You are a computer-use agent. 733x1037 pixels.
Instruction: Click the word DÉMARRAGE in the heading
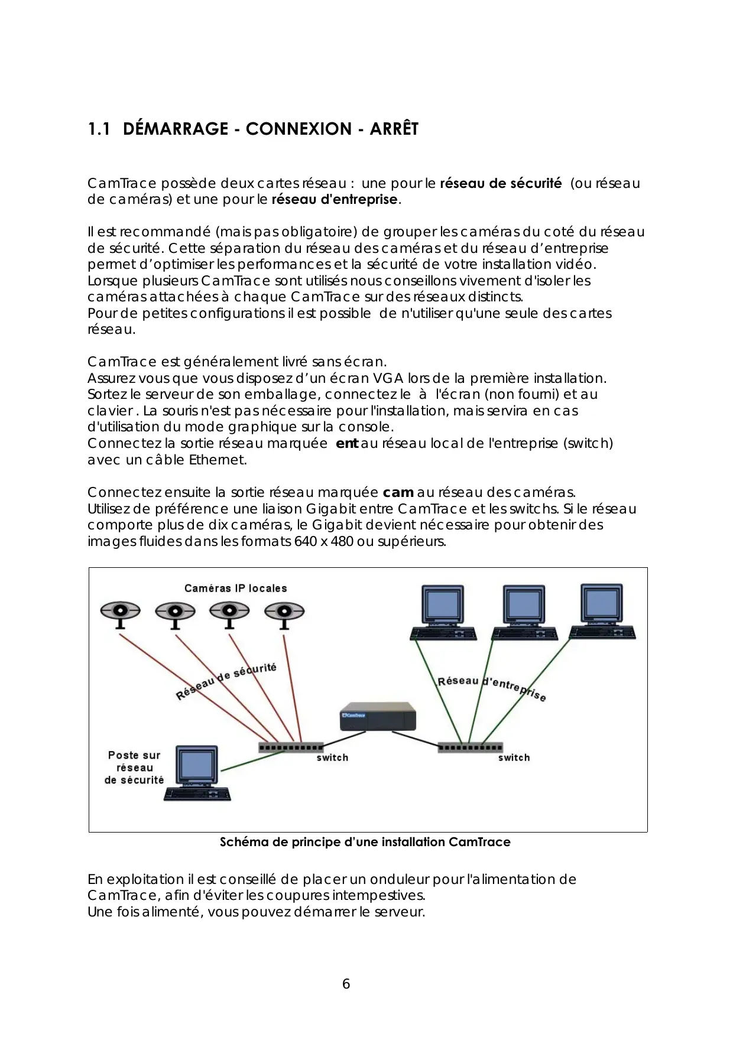tap(176, 129)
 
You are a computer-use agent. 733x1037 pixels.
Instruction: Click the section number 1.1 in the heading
tap(99, 129)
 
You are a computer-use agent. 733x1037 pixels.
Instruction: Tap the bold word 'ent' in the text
tap(346, 443)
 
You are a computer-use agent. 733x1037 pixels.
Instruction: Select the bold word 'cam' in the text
tap(398, 492)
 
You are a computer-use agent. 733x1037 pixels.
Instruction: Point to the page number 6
tap(346, 984)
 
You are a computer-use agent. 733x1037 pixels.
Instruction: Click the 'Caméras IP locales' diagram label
tap(235, 589)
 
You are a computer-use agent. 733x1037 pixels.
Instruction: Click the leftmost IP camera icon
tap(121, 613)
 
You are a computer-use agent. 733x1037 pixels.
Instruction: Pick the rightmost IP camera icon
tap(284, 613)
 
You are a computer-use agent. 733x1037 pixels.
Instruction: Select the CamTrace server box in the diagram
tap(378, 716)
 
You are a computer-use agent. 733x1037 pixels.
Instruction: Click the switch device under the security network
tap(291, 747)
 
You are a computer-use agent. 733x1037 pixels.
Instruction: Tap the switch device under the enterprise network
tap(470, 747)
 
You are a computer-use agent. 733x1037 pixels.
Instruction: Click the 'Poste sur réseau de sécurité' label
tap(134, 768)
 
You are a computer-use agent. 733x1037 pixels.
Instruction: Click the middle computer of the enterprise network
tap(525, 613)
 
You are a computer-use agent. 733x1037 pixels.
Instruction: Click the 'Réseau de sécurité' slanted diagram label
tap(226, 681)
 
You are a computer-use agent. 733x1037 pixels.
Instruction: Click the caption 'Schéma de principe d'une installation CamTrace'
tap(365, 842)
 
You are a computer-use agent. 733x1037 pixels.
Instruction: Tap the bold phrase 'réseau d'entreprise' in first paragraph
tap(335, 200)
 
